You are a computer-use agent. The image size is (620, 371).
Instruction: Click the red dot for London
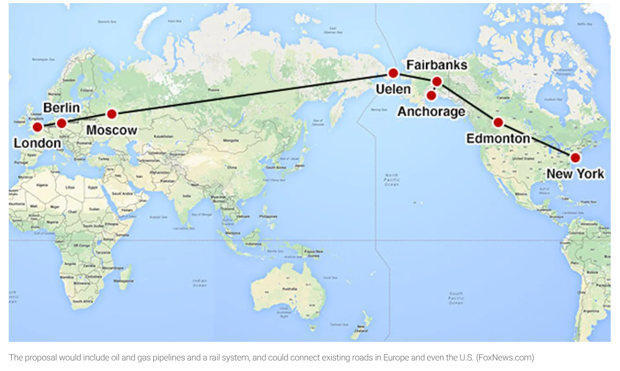pos(37,127)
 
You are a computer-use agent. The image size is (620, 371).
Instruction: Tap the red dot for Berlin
pos(61,123)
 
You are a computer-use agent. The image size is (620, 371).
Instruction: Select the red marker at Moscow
pos(112,114)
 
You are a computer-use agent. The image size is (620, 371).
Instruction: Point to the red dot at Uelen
pos(392,73)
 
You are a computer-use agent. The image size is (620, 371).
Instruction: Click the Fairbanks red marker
pos(436,81)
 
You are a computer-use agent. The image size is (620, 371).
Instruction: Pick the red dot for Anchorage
pos(431,96)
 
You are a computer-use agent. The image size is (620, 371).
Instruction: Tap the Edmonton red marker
pos(498,122)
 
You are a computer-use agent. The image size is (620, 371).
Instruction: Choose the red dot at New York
pos(575,158)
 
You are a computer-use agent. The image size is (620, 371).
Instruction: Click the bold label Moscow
pos(112,130)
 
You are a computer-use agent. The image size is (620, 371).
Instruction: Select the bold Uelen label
pos(392,90)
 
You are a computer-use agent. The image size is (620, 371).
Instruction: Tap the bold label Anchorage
pos(431,112)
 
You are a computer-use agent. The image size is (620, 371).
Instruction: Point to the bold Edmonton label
pos(498,138)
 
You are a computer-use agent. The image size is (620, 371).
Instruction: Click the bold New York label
pos(575,174)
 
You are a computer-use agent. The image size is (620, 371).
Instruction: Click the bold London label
pos(37,144)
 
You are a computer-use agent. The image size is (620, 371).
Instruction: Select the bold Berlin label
pos(61,107)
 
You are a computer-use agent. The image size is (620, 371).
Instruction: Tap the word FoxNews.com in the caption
pos(506,357)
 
